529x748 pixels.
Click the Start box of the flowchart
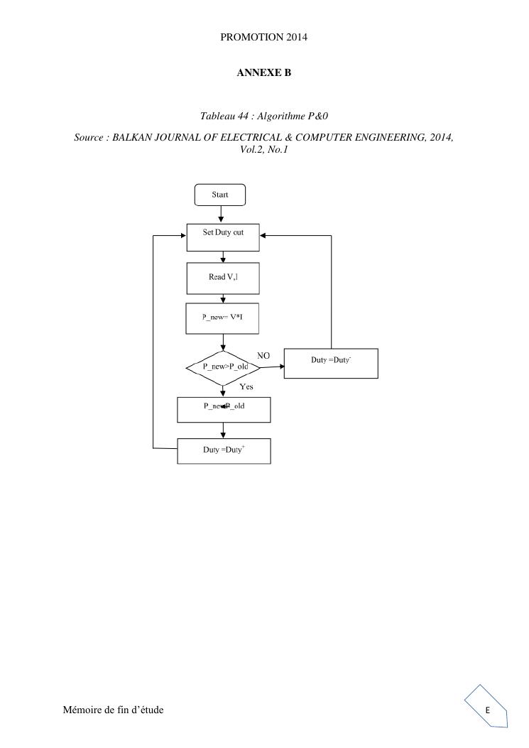tap(220, 195)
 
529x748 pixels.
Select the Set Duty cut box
tap(223, 237)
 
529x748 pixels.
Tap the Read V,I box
tap(223, 278)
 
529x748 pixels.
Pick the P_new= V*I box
tap(223, 318)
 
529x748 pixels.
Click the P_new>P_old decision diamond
tap(223, 367)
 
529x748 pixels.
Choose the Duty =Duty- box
tap(331, 363)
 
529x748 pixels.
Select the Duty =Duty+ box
tap(224, 450)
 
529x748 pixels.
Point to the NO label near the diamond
tap(263, 355)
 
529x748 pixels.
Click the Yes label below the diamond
tap(246, 387)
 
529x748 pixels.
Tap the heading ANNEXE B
tap(263, 73)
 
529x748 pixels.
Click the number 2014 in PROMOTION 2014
tap(297, 37)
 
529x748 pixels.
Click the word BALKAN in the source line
tap(134, 137)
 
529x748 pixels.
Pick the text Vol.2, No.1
tap(263, 149)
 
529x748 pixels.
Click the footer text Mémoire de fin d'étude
tap(113, 710)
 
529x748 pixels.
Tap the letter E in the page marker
tap(488, 710)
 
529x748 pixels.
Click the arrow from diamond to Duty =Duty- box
tap(271, 367)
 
